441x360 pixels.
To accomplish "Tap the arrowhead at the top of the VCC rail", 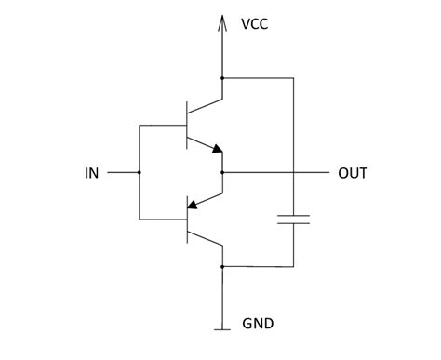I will pos(222,20).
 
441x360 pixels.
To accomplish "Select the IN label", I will pos(92,173).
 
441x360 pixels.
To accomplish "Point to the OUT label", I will pos(353,173).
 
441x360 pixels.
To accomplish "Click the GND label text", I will pos(258,325).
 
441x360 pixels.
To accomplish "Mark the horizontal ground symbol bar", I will pos(222,328).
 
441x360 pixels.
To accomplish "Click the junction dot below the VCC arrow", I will pos(222,78).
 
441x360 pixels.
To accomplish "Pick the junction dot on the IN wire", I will pos(139,173).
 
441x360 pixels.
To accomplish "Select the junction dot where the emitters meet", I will pos(222,173).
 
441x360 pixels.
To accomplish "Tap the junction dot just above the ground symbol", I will pos(222,266).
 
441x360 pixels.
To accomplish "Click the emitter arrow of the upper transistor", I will pos(217,147).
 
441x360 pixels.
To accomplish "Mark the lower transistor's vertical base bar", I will pos(188,220).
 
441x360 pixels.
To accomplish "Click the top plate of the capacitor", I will pos(292,218).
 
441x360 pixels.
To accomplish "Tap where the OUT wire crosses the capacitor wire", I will pos(292,173).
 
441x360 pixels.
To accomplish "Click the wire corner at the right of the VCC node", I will pos(292,78).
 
